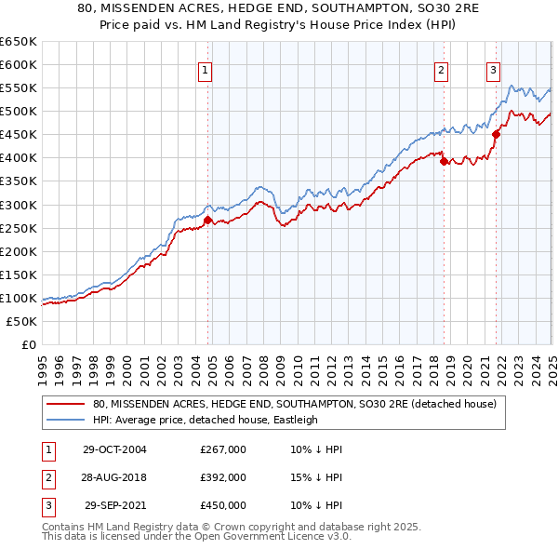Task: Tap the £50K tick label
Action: [22, 321]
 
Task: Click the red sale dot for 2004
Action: [208, 221]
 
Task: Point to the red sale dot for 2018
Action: [444, 162]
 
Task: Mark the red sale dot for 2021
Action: [496, 134]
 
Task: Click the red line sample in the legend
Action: [67, 405]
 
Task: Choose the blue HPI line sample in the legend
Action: [67, 420]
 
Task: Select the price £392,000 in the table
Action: [223, 477]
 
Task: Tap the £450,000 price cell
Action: [223, 505]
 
